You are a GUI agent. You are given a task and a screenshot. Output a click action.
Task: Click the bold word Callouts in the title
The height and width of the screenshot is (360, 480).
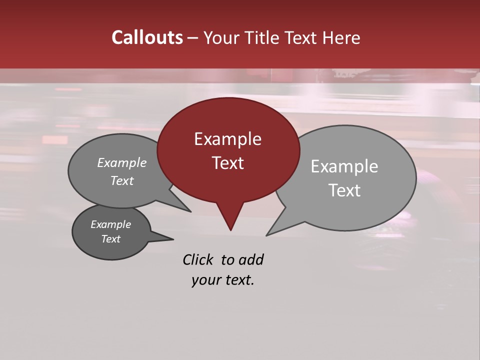click(x=147, y=38)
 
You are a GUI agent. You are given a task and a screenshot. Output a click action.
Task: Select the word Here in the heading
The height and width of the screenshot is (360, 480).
click(x=341, y=38)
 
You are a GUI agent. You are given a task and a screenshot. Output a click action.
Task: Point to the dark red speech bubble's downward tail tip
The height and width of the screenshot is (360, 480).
click(x=230, y=229)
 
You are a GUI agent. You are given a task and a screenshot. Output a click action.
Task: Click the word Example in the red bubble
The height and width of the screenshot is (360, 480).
click(x=227, y=139)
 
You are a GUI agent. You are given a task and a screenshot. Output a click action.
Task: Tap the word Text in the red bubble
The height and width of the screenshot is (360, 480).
click(x=227, y=163)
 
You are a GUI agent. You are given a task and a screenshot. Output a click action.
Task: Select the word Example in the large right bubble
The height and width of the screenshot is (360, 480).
click(x=344, y=166)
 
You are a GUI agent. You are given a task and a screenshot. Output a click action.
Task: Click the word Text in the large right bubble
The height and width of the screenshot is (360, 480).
click(x=344, y=190)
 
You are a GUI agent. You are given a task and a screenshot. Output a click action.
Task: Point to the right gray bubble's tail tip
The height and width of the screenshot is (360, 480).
click(x=267, y=235)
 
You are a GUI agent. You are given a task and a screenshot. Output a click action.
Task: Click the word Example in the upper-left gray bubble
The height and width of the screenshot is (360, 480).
click(x=122, y=163)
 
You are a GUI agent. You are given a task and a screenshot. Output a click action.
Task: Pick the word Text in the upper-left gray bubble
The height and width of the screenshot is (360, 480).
click(x=122, y=181)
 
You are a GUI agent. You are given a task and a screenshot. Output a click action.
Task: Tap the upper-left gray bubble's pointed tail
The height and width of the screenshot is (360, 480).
click(x=190, y=211)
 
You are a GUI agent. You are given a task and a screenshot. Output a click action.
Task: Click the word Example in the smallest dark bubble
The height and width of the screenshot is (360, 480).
click(x=110, y=224)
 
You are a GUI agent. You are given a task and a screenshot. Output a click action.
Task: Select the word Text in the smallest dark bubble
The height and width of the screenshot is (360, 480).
click(x=110, y=239)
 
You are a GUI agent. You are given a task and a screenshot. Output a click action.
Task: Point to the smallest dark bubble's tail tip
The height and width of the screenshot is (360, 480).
click(x=173, y=239)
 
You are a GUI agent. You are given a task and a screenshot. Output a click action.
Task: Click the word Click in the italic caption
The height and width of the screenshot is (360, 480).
click(x=198, y=259)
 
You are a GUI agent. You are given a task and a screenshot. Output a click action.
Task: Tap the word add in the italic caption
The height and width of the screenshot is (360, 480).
click(x=251, y=259)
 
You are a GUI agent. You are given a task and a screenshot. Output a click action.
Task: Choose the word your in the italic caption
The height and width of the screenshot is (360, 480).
click(x=205, y=280)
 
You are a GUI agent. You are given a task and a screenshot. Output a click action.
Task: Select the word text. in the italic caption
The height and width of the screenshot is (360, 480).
click(x=238, y=280)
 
